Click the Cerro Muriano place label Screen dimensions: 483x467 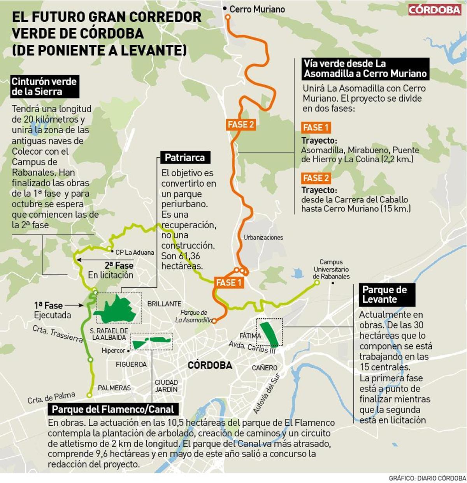257,9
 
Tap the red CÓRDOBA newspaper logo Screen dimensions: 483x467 434,10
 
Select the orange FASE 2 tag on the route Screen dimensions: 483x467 241,125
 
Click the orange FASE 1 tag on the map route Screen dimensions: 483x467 229,283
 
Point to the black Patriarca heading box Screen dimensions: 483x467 185,158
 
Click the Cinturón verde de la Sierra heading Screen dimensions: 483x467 44,86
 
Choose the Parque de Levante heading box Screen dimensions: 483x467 384,294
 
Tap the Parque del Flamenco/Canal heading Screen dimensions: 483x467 113,409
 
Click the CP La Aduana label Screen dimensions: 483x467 135,252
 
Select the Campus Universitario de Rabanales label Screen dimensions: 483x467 331,269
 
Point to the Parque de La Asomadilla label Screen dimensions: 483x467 194,316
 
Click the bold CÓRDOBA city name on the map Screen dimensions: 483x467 210,365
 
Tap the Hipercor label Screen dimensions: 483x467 113,351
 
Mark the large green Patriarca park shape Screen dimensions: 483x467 117,310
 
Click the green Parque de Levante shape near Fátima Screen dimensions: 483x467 269,334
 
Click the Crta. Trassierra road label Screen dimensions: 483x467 58,334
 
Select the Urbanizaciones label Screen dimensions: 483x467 263,237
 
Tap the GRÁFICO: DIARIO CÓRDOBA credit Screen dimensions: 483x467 427,478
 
